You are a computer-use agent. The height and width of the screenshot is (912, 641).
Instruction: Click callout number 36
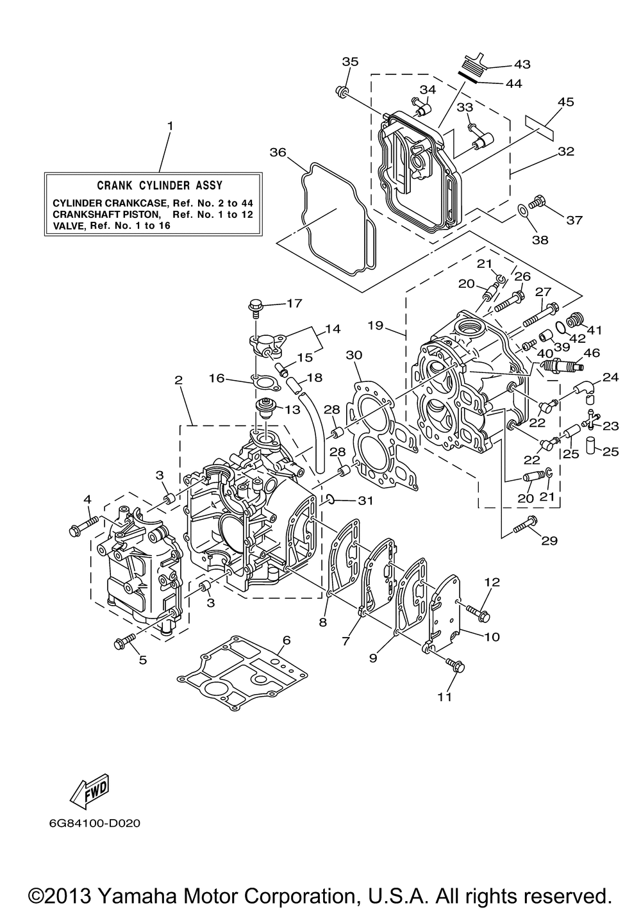(278, 153)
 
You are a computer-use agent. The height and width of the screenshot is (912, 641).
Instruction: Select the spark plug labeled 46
(562, 365)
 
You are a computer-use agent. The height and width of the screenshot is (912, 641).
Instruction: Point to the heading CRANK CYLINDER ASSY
(160, 186)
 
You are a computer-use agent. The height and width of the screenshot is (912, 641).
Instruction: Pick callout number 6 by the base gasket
(287, 640)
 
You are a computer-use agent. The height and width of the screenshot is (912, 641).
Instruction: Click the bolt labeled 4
(85, 524)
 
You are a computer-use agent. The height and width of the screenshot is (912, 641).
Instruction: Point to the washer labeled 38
(523, 210)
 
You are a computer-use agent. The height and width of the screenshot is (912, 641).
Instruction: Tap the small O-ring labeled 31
(331, 499)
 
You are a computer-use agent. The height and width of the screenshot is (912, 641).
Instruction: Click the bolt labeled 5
(124, 642)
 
